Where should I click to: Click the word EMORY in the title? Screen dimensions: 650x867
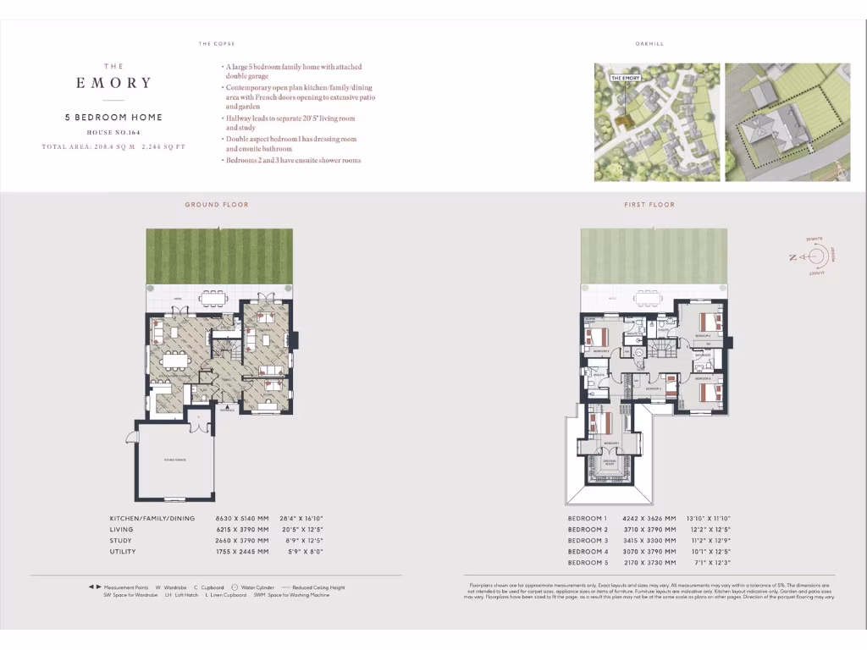click(113, 83)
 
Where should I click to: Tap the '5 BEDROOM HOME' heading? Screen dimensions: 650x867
click(113, 118)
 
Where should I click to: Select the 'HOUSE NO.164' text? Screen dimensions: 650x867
click(113, 133)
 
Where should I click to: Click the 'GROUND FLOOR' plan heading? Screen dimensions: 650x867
click(217, 205)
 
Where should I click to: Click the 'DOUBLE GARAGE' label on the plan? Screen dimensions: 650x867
click(174, 460)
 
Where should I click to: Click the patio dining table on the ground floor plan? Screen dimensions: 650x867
click(213, 297)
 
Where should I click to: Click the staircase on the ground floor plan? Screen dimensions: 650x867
click(222, 346)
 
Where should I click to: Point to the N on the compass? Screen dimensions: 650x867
click(793, 257)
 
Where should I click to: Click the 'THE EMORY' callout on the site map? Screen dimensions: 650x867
click(626, 78)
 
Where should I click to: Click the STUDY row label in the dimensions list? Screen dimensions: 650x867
click(121, 540)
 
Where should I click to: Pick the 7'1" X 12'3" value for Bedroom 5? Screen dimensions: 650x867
click(714, 562)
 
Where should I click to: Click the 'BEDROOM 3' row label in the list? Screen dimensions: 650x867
click(588, 540)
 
